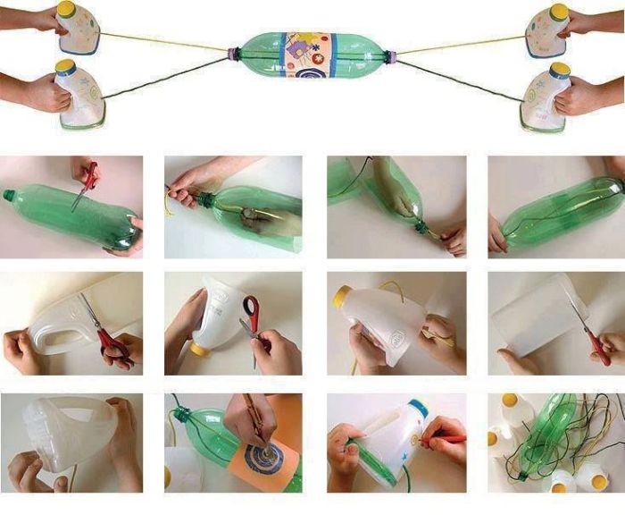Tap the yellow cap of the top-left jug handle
pos(65,9)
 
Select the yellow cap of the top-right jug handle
pos(558,11)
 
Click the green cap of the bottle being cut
pos(9,195)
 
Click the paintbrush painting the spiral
pos(251,420)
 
